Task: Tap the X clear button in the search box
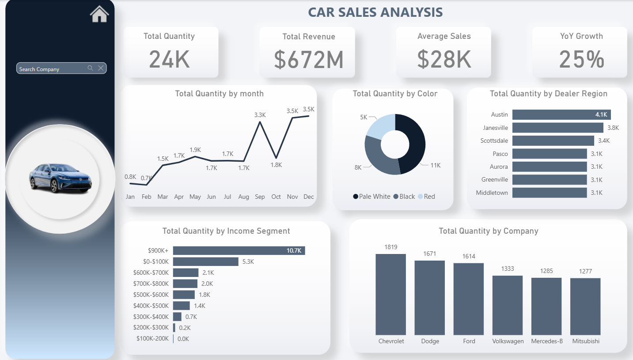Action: (x=101, y=68)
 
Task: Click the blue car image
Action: (x=60, y=178)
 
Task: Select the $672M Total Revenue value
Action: (x=309, y=60)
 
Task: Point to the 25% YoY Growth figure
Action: (x=581, y=59)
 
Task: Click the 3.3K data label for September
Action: (x=260, y=115)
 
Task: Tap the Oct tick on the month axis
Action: (x=276, y=197)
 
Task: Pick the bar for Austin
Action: (x=561, y=115)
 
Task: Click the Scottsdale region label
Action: (x=494, y=141)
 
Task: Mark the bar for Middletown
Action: (x=550, y=193)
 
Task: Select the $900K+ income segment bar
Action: (x=239, y=251)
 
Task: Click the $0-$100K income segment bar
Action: (x=205, y=261)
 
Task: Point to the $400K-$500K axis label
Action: (x=151, y=306)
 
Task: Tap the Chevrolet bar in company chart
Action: (x=390, y=294)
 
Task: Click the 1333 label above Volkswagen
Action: (x=508, y=269)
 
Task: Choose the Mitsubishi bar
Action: (x=585, y=306)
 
